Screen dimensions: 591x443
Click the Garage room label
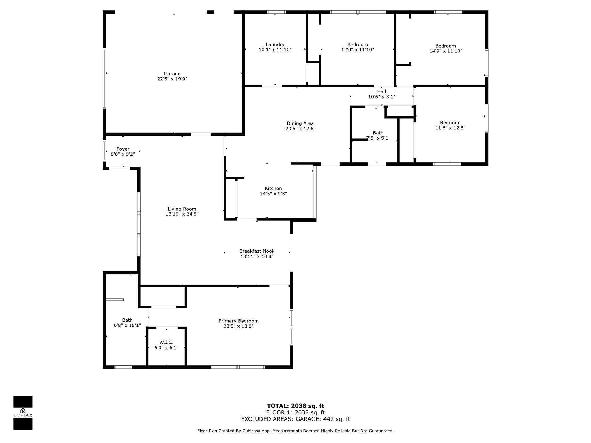(x=172, y=74)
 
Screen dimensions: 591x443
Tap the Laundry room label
(x=275, y=44)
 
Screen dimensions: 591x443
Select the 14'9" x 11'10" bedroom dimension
(x=446, y=51)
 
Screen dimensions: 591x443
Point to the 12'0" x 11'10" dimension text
(x=358, y=50)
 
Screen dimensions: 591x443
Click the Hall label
(x=381, y=91)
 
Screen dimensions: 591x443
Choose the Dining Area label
(x=300, y=123)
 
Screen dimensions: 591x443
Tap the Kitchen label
(x=273, y=189)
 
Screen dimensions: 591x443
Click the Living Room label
(x=182, y=209)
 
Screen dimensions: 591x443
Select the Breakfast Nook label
(x=257, y=251)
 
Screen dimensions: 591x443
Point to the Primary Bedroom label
(x=238, y=321)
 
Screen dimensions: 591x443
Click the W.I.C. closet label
(x=166, y=342)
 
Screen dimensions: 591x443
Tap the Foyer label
(x=123, y=149)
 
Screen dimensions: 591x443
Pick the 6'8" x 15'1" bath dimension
(x=127, y=325)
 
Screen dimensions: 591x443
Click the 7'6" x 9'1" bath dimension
(x=378, y=138)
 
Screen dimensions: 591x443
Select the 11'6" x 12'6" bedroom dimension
(x=450, y=128)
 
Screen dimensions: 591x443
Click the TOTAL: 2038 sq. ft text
(x=295, y=406)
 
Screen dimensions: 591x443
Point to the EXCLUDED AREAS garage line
(x=295, y=419)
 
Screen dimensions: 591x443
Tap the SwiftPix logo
(x=23, y=413)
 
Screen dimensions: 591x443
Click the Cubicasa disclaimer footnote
(x=295, y=431)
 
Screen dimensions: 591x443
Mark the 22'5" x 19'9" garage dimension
(x=172, y=79)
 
